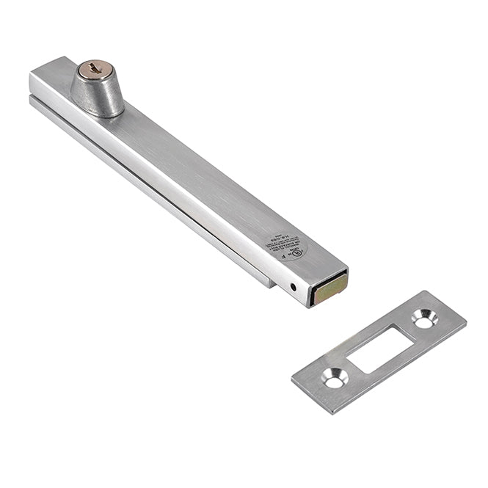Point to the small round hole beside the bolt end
pos(294,286)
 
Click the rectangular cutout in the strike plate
pos(379,349)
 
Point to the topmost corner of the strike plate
pos(441,291)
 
